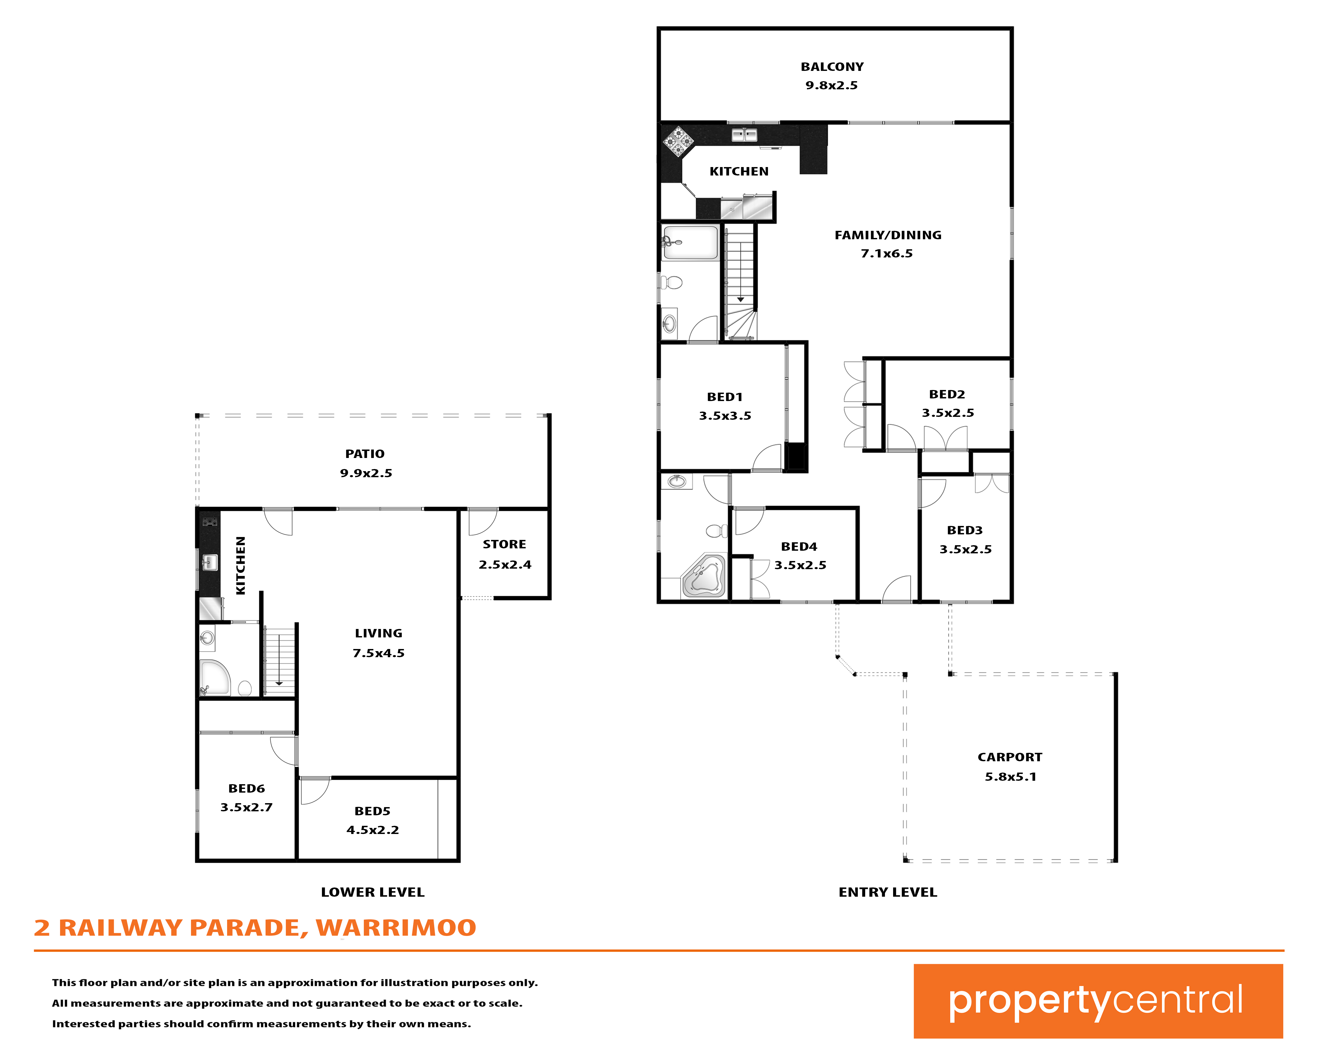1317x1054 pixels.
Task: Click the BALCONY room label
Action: coord(832,67)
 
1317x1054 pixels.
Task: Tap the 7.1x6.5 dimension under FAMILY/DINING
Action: coord(887,253)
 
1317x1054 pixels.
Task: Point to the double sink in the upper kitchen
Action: coord(744,134)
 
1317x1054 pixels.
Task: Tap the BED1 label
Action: coord(725,397)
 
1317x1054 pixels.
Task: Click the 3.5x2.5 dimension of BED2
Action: coord(948,413)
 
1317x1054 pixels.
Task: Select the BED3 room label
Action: coord(965,530)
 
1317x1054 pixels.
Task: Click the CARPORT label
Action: coord(1010,757)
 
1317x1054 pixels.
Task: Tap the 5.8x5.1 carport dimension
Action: coord(1010,777)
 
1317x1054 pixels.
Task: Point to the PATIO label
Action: coord(365,454)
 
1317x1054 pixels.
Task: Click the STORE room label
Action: coord(505,544)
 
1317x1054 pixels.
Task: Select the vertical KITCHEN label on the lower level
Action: coord(241,565)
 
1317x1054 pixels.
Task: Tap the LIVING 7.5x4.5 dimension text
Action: coord(379,653)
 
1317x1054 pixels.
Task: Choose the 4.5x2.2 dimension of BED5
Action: coord(373,830)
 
